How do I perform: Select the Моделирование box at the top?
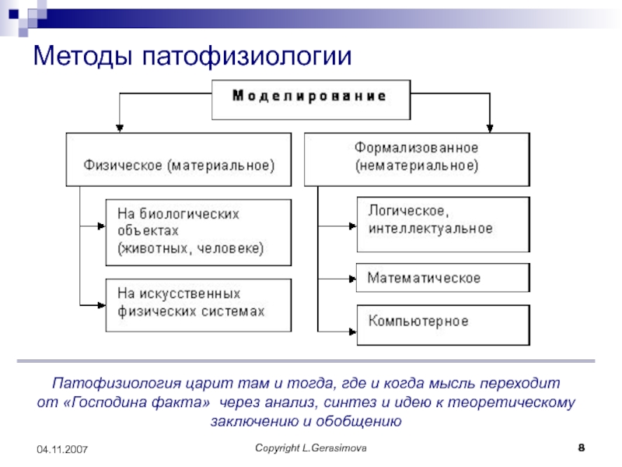pyautogui.click(x=310, y=97)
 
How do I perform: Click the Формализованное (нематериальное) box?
pyautogui.click(x=417, y=157)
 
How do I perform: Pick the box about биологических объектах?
pyautogui.click(x=198, y=231)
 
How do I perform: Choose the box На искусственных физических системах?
pyautogui.click(x=198, y=304)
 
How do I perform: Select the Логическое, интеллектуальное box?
pyautogui.click(x=442, y=222)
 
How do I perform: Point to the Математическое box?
pyautogui.click(x=442, y=278)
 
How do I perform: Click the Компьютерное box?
pyautogui.click(x=442, y=321)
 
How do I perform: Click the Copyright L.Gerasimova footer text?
pyautogui.click(x=312, y=450)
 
